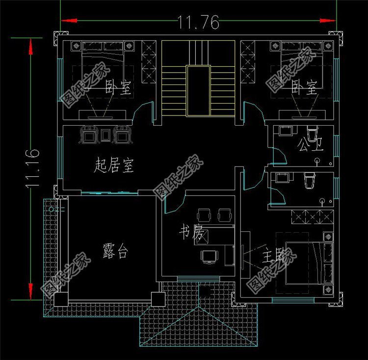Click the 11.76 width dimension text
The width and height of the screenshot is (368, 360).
pos(198,22)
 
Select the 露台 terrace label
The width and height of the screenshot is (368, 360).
pos(116,251)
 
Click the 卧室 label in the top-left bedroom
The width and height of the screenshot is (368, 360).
pos(119,88)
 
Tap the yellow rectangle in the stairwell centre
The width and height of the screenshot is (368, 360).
pos(198,91)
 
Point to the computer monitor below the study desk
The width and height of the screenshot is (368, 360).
pos(209,255)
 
